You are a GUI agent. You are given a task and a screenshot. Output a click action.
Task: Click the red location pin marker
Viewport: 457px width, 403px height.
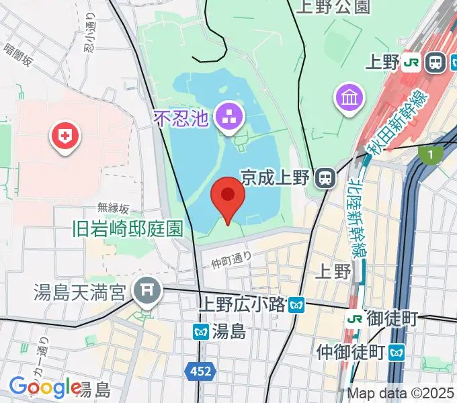(227, 196)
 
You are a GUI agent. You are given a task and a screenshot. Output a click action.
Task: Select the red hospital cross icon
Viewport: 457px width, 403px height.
(65, 138)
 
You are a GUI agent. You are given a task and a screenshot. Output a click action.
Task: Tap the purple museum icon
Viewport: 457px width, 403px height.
(349, 98)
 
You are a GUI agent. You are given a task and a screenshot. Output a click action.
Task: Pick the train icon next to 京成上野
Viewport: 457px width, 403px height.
(326, 177)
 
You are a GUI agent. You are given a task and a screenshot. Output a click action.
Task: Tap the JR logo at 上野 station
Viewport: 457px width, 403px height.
(411, 63)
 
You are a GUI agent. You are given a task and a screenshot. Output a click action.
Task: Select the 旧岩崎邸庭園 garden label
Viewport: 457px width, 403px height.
(127, 228)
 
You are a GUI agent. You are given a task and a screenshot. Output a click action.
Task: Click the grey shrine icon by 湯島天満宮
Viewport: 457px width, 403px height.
(145, 291)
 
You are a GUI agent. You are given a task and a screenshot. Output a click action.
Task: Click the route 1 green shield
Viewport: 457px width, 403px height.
(431, 155)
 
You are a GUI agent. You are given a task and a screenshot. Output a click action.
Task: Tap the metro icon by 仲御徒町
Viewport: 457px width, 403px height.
(398, 351)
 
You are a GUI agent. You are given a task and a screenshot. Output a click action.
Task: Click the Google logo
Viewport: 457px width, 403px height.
(44, 387)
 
